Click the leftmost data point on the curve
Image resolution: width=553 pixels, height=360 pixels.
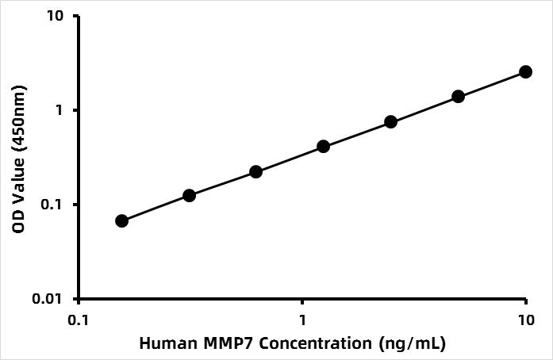tap(121, 220)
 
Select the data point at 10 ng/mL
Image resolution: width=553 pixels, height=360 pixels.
tap(525, 72)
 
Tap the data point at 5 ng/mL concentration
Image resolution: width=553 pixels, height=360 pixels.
tap(458, 97)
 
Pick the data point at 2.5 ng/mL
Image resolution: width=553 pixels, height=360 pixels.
tap(390, 122)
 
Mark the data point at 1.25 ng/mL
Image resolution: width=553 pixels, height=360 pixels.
tap(323, 147)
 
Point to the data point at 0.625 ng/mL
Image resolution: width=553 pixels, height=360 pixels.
tap(256, 171)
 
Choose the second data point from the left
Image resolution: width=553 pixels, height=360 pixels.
tap(189, 195)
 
